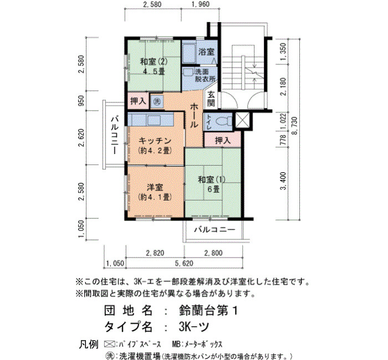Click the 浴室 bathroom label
point(206,52)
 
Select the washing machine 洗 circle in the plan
point(157,101)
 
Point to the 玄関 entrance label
point(211,99)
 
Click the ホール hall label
point(194,115)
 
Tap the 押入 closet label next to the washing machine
point(138,101)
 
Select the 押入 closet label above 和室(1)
point(222,141)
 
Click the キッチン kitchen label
point(155,141)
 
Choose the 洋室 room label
point(155,187)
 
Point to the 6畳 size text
point(213,189)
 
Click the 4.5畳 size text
point(154,71)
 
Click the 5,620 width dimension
point(184,263)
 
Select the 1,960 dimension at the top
point(201,4)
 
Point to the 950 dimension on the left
point(81,100)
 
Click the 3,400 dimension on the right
point(283,181)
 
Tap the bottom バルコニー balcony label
point(215,230)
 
